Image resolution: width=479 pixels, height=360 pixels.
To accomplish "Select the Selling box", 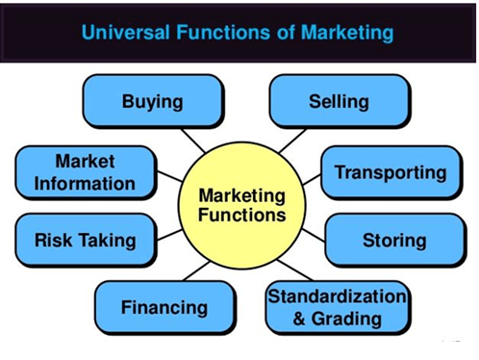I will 339,101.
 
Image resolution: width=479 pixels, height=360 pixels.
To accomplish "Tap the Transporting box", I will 391,172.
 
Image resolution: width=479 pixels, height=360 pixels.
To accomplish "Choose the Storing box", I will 393,240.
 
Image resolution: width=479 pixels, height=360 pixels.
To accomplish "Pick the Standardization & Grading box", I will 337,306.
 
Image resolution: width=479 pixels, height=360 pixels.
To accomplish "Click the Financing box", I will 164,308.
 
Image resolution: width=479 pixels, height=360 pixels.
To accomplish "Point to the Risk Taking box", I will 85,240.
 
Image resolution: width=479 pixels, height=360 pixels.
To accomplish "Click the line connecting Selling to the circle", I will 291,141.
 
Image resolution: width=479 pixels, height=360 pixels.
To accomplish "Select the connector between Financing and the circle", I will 197,270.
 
